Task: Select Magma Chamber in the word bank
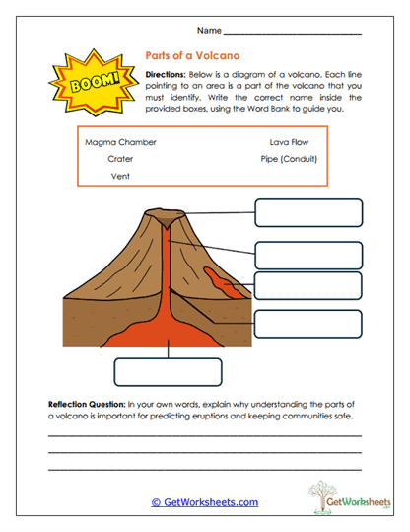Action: tap(120, 142)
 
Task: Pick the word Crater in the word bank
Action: tap(120, 158)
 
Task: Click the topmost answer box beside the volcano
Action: tap(308, 212)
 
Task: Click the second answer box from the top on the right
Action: tap(308, 255)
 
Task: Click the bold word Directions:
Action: tap(170, 75)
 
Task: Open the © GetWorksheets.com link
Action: tap(204, 502)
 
